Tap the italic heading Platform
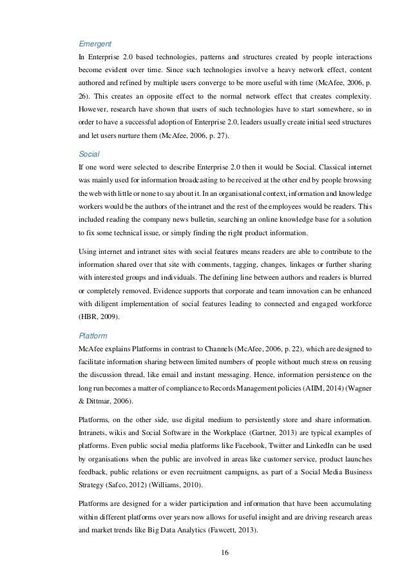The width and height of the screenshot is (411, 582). click(x=91, y=336)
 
